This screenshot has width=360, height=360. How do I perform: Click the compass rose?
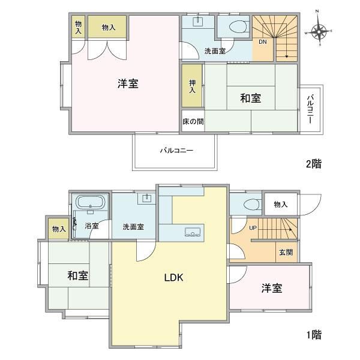(x=319, y=31)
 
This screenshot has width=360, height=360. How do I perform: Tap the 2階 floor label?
(x=314, y=164)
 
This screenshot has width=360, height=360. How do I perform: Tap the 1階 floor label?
(x=314, y=335)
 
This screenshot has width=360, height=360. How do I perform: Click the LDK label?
(x=173, y=278)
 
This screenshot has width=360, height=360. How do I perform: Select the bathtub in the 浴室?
(x=91, y=202)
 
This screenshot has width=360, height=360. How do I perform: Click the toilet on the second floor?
(x=239, y=26)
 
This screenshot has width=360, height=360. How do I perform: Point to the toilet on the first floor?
(x=252, y=205)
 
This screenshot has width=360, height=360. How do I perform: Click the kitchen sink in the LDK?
(x=193, y=232)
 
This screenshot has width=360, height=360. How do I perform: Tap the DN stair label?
(x=263, y=42)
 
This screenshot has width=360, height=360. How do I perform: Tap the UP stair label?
(x=253, y=228)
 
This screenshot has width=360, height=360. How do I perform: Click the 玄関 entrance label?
(x=286, y=253)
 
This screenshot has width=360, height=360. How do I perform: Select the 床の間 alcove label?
(x=193, y=121)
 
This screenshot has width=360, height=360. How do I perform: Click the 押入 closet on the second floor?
(x=192, y=86)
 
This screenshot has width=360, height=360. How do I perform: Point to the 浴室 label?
(x=92, y=226)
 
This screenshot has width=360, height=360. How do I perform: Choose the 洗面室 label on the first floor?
(x=133, y=227)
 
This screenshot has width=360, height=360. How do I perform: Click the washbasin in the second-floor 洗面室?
(x=197, y=22)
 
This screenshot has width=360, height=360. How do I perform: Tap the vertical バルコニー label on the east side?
(x=310, y=109)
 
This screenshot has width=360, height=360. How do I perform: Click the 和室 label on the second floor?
(x=250, y=98)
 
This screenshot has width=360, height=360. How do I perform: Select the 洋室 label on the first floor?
(x=272, y=288)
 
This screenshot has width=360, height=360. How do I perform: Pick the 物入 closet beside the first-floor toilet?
(x=281, y=204)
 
